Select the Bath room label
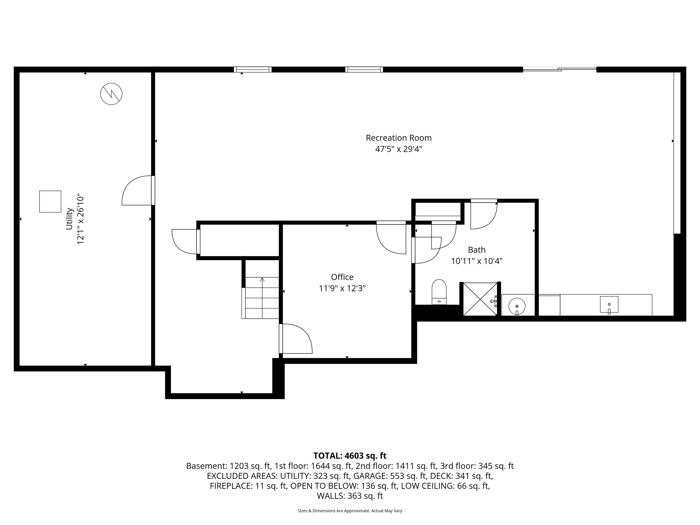point(477,250)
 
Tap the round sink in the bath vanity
point(517,306)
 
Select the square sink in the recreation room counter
point(609,304)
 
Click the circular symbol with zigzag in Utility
point(111,94)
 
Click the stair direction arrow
point(262,280)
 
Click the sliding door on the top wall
point(559,69)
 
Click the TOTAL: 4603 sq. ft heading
point(350,456)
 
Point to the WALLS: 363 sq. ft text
point(350,496)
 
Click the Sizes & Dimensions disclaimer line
point(350,511)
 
